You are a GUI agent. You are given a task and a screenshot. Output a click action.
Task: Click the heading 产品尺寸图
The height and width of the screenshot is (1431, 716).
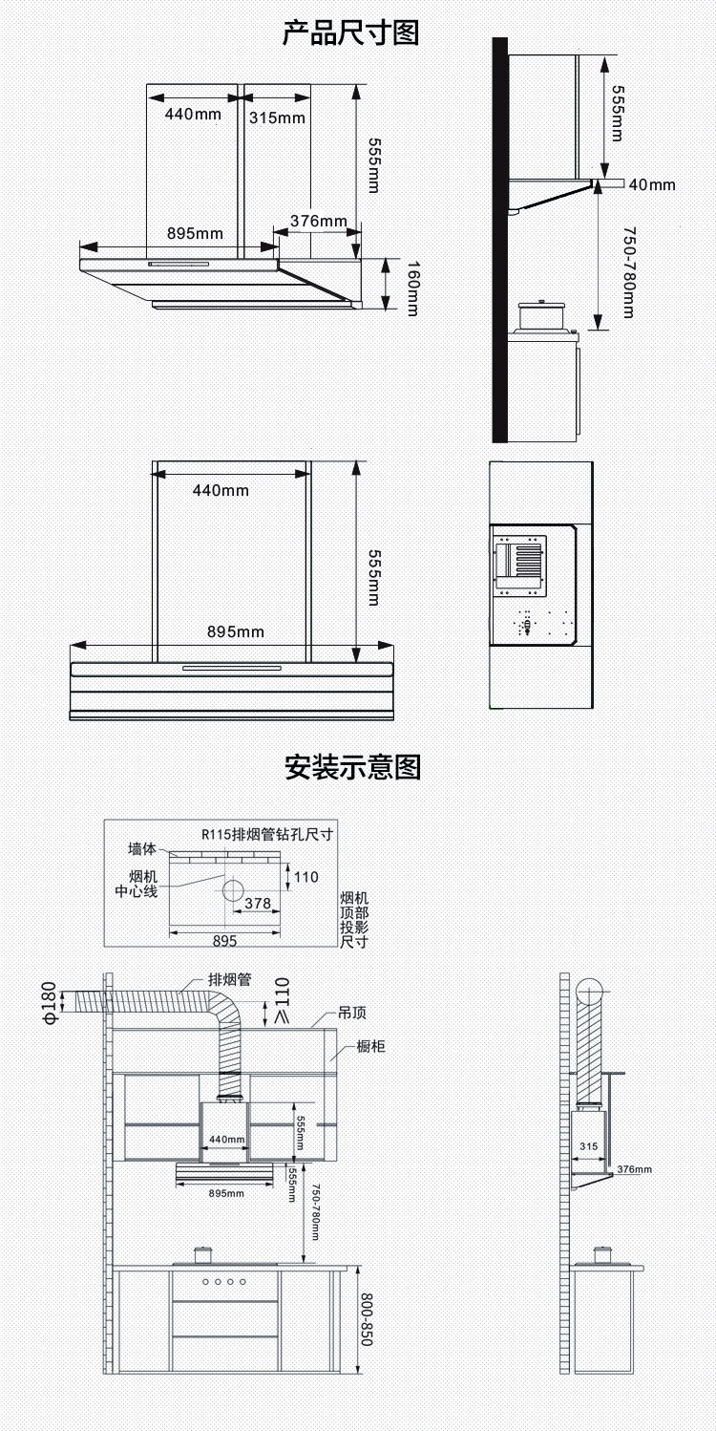(x=351, y=32)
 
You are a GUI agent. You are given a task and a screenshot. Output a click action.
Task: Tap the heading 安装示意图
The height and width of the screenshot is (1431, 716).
(x=352, y=767)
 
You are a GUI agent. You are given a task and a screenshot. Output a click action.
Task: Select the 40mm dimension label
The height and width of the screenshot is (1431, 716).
(x=652, y=184)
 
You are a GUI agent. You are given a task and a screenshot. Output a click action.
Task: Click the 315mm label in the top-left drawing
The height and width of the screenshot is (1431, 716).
(x=277, y=117)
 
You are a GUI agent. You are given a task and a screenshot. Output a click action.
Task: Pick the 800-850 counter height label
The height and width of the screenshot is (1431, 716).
(x=366, y=1319)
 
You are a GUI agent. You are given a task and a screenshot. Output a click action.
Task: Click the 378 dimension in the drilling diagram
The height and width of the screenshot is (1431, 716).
(x=258, y=903)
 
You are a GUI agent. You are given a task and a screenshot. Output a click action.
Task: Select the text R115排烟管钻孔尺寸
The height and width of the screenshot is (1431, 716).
(x=266, y=834)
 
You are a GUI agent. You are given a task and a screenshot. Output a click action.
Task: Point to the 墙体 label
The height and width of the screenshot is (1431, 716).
(x=142, y=848)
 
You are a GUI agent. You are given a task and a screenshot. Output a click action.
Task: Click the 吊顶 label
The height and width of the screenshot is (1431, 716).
(x=351, y=1014)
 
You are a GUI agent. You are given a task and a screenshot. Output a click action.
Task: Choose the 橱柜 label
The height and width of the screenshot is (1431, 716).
(x=370, y=1047)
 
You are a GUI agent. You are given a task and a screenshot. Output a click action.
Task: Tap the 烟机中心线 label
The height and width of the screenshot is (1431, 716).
(x=137, y=885)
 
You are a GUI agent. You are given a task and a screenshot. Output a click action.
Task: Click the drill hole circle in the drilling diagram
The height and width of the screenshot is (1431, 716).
(x=234, y=890)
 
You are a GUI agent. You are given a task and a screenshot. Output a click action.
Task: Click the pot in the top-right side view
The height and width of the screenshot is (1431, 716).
(x=540, y=316)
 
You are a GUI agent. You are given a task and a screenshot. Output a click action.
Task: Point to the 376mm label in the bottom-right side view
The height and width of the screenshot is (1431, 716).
(x=634, y=1169)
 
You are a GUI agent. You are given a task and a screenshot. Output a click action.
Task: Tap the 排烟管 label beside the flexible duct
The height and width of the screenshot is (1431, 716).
(x=229, y=980)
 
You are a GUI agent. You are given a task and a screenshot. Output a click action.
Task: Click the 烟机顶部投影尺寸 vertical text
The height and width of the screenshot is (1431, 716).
(x=354, y=920)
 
